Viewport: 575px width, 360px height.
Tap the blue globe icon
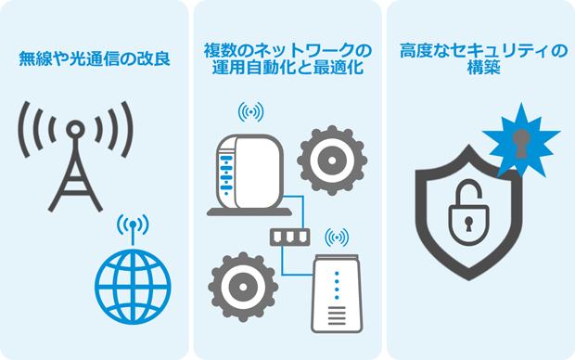134,285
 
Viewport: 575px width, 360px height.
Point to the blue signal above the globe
134,225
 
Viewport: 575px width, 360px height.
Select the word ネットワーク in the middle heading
296,49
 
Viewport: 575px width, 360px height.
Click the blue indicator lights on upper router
223,173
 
